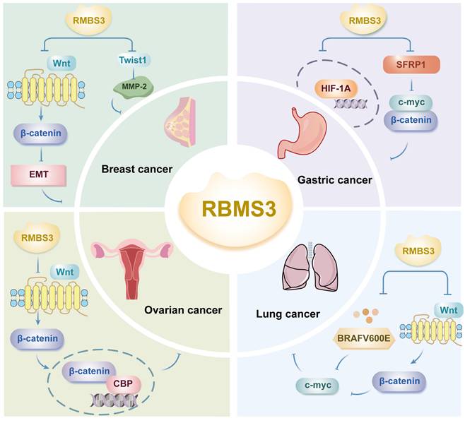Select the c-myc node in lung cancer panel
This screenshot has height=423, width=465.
click(x=317, y=384)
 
